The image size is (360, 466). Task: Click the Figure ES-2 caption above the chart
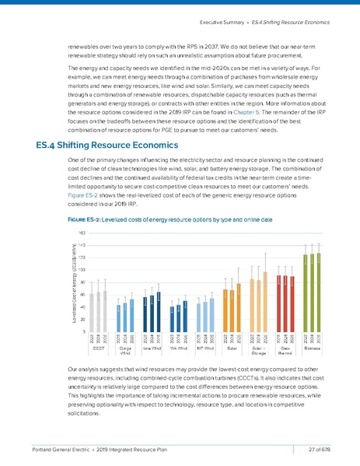pyautogui.click(x=163, y=220)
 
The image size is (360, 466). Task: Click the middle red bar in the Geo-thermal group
pyautogui.click(x=285, y=303)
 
